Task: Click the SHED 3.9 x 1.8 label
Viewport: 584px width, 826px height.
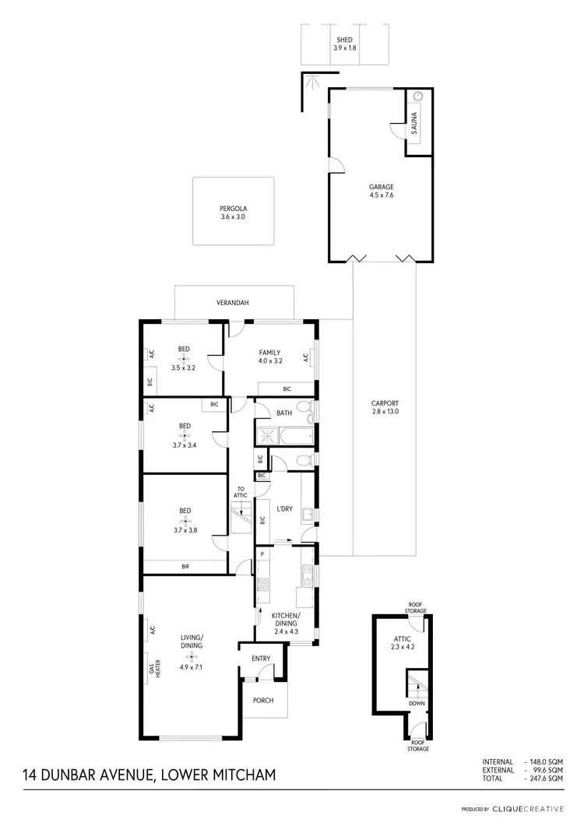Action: (x=343, y=44)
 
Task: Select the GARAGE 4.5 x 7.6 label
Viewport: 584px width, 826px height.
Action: (x=382, y=192)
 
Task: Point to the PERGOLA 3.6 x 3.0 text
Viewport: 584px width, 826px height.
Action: (x=232, y=213)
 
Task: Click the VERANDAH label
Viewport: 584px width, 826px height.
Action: (x=233, y=303)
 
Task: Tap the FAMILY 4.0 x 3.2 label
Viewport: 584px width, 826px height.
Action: (x=269, y=357)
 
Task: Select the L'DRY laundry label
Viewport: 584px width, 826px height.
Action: (x=284, y=509)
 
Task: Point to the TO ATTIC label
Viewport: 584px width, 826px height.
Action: (x=241, y=493)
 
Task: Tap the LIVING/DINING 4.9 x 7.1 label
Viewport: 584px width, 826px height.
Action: (x=191, y=650)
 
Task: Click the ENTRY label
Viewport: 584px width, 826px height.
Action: (x=261, y=659)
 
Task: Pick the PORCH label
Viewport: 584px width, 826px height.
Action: (x=263, y=700)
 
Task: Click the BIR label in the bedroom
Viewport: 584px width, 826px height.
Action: (x=185, y=567)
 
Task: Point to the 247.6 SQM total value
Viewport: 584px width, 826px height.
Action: (x=546, y=778)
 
